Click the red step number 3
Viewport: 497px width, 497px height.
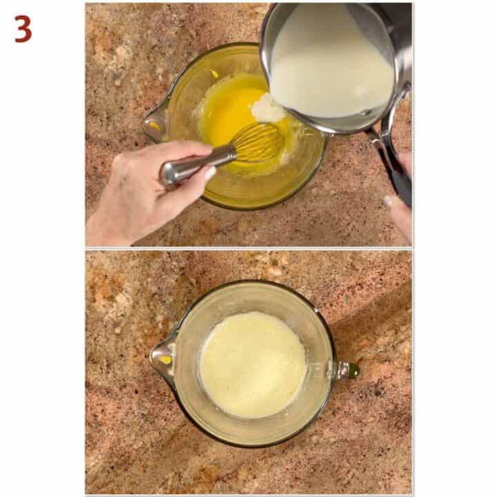click(23, 28)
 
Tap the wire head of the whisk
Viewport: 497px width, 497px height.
click(257, 144)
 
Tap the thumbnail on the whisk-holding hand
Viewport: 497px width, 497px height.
click(210, 173)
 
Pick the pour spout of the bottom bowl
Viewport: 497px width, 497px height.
click(161, 358)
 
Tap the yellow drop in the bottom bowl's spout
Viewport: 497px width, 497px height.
click(165, 359)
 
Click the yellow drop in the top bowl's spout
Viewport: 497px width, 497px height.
click(153, 126)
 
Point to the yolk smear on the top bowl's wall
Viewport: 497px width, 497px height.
click(214, 74)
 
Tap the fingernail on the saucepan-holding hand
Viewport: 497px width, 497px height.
click(389, 202)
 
